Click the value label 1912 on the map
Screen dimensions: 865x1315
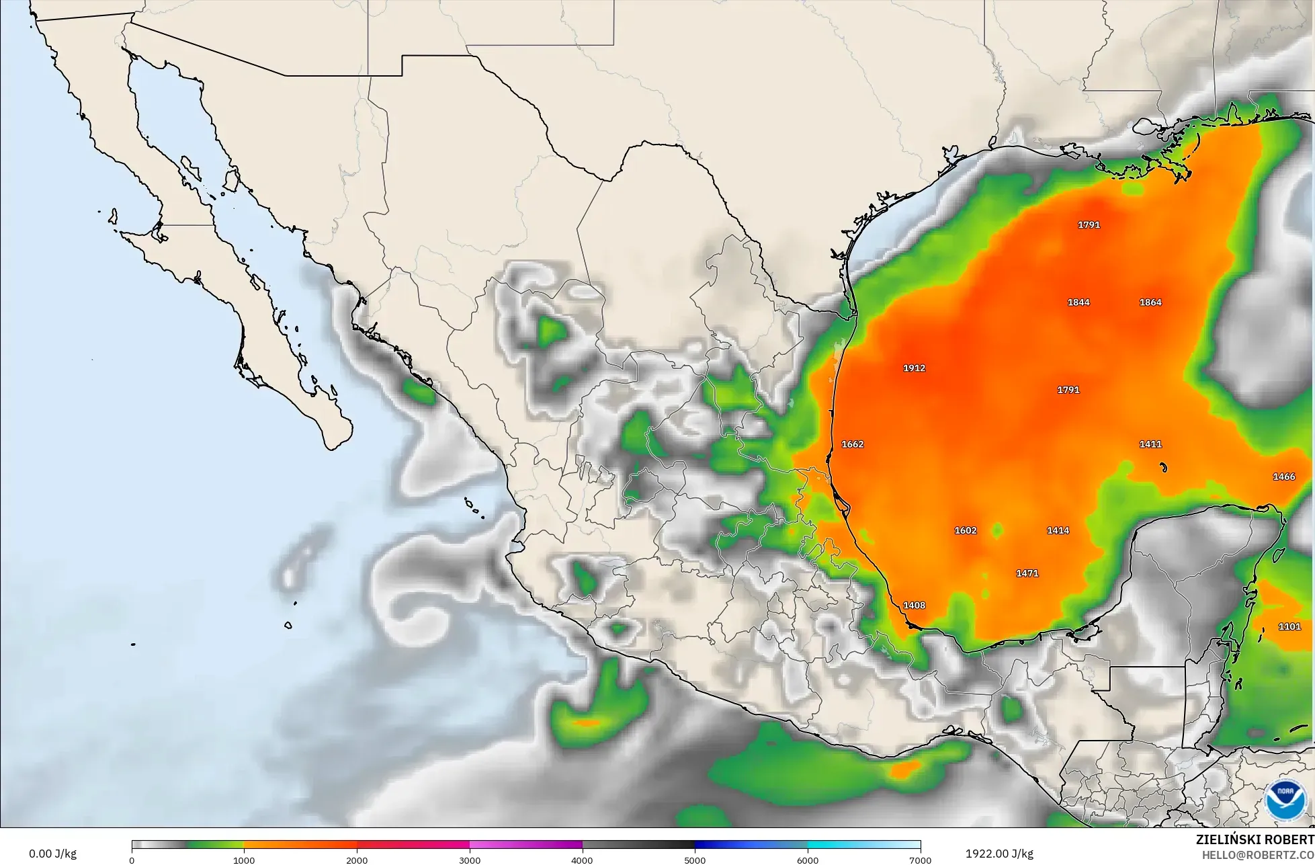point(914,368)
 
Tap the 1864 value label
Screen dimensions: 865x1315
point(1150,302)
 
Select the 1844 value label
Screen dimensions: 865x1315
point(1078,302)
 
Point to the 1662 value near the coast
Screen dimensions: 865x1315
point(853,444)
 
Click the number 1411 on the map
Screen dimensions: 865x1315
point(1150,444)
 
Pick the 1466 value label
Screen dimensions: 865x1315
point(1283,477)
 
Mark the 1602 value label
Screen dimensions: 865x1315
point(966,530)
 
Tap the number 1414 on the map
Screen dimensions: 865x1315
point(1058,530)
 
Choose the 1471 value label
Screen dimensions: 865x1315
point(1027,573)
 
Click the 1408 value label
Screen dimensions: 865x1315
point(914,606)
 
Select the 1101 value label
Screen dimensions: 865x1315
point(1289,627)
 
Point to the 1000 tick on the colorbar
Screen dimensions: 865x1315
point(244,860)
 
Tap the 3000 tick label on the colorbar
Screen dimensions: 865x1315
point(470,860)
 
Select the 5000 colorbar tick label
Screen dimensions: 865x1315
point(695,860)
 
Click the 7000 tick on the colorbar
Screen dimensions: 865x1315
point(920,860)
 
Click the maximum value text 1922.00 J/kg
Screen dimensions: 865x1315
point(999,854)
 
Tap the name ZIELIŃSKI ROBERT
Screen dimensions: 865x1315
point(1255,839)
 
